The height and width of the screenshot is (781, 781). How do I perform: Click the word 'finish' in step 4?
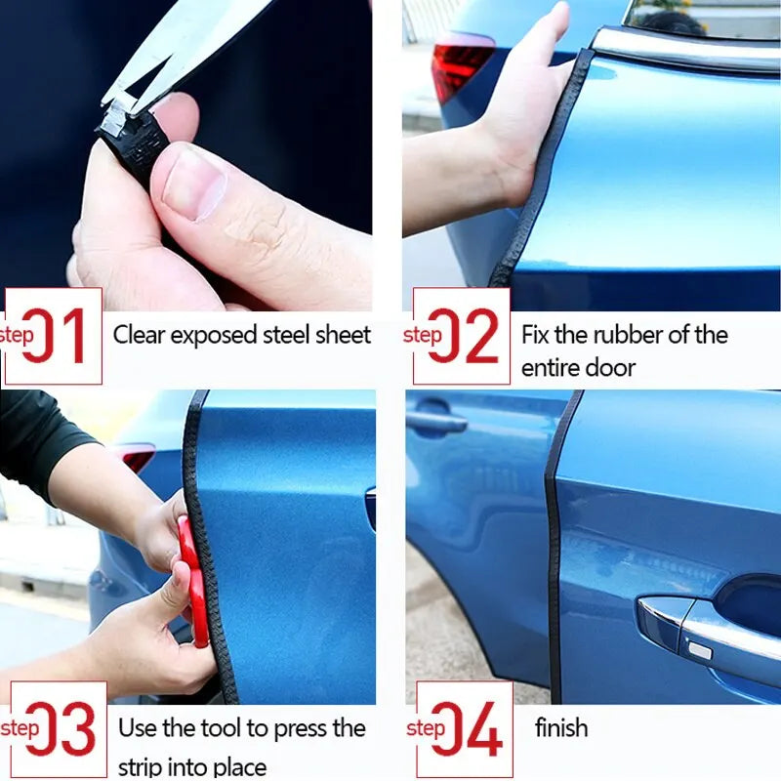point(561,727)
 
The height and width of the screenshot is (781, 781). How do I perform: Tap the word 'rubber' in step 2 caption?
point(608,335)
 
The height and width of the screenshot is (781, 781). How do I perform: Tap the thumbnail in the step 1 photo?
point(193,182)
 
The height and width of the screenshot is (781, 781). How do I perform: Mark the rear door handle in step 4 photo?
point(436,423)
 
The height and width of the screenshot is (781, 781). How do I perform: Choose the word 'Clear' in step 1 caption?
point(139,335)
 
